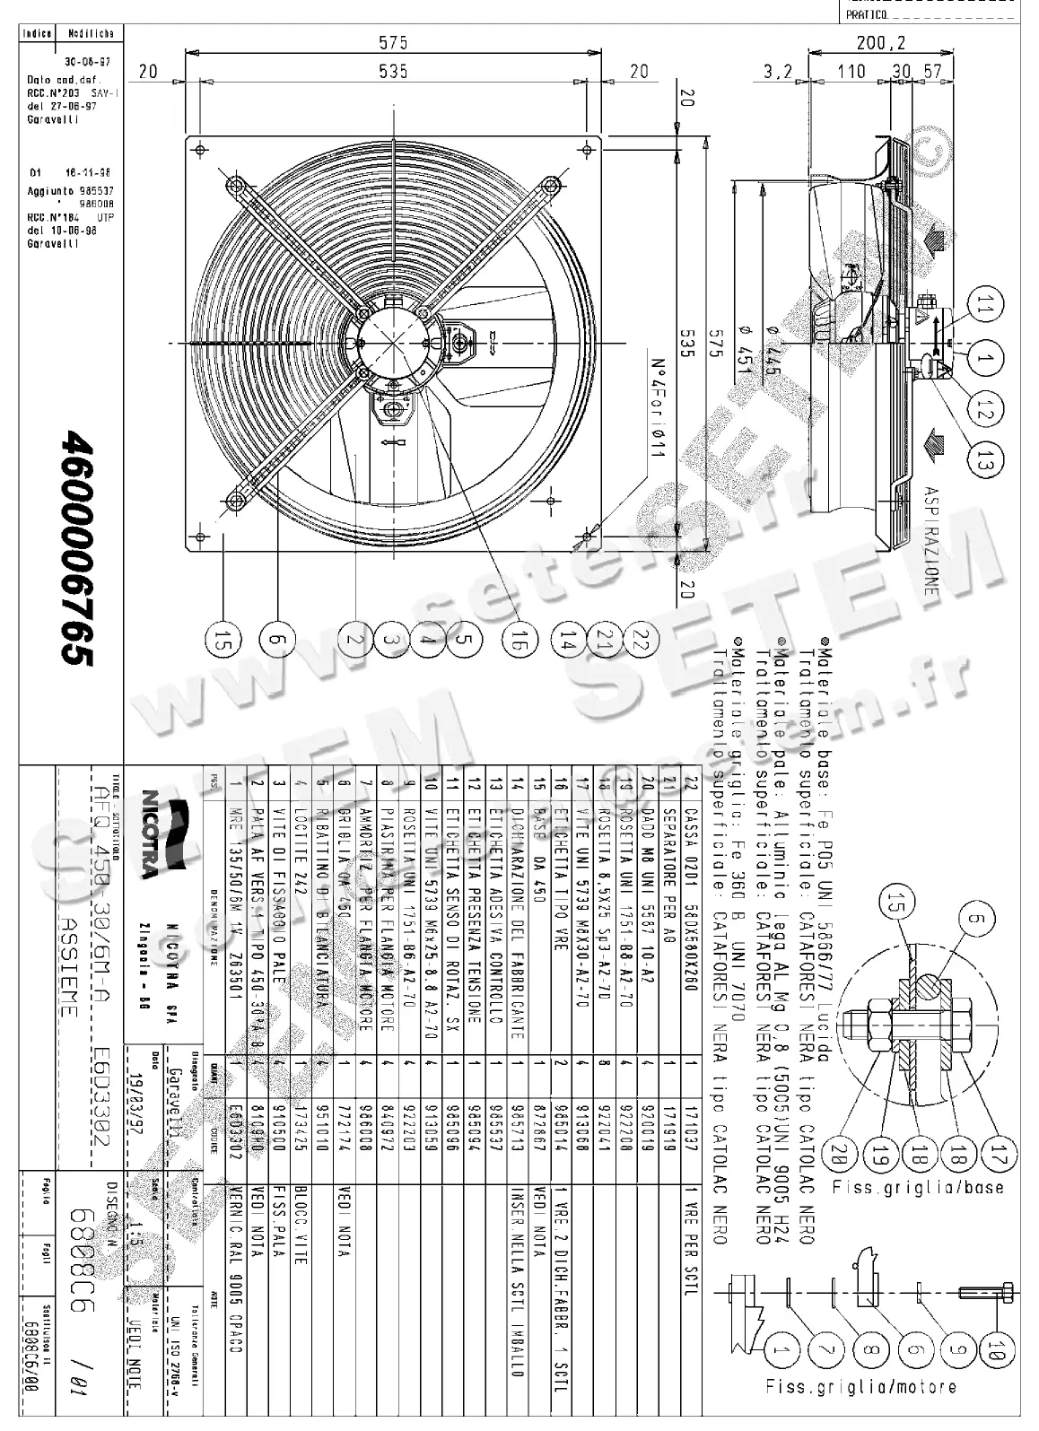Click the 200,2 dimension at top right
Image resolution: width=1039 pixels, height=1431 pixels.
880,42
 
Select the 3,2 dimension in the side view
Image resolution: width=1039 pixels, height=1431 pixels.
779,72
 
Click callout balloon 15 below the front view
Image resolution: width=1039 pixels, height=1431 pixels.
223,639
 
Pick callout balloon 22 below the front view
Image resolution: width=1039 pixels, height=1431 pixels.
639,639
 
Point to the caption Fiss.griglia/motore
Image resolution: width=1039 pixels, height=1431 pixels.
861,1411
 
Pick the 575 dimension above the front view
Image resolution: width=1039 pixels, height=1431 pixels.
392,42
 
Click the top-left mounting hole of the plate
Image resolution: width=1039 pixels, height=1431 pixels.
199,149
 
